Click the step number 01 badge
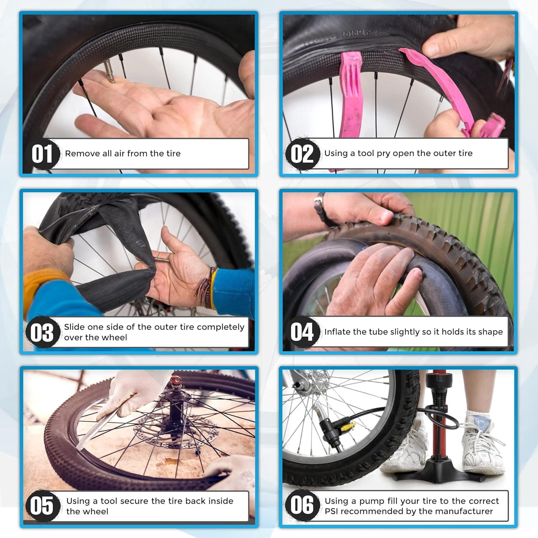point(42,154)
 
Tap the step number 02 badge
point(302,154)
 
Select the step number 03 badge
point(42,332)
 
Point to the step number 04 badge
point(302,331)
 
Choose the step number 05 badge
point(42,506)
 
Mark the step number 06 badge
point(302,505)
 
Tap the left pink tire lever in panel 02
point(349,97)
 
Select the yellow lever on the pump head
point(348,427)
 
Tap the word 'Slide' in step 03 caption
point(75,327)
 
